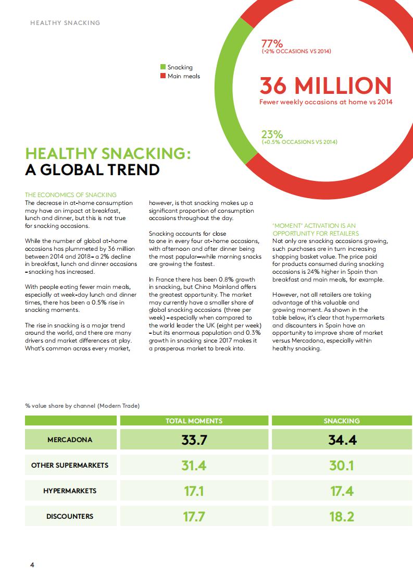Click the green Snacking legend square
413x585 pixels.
[x=163, y=67]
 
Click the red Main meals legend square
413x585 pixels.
[x=163, y=76]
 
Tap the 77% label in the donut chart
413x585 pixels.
[x=271, y=43]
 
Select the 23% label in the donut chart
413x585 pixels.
[x=271, y=135]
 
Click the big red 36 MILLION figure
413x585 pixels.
[x=325, y=86]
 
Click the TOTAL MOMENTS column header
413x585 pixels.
[x=194, y=421]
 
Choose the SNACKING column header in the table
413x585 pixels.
[x=342, y=421]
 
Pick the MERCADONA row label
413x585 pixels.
[x=70, y=440]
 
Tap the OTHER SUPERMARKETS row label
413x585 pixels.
[x=70, y=465]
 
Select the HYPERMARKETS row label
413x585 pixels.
[x=70, y=491]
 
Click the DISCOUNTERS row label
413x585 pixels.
[x=70, y=516]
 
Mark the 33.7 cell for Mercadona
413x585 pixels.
[x=194, y=440]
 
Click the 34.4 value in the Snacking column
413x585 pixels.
[x=342, y=440]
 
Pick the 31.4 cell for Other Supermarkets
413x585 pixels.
[x=194, y=465]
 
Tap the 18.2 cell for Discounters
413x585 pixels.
[x=342, y=516]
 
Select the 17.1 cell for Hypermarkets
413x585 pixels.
[x=194, y=491]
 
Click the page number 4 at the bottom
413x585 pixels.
[x=32, y=565]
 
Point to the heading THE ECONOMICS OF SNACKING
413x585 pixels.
[x=71, y=195]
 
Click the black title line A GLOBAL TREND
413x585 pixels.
[x=92, y=170]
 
